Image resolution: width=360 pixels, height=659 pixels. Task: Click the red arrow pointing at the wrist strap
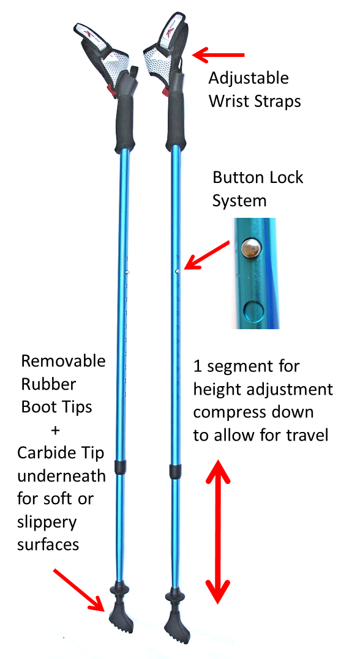(x=218, y=54)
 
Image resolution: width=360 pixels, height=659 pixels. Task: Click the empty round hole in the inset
(x=252, y=310)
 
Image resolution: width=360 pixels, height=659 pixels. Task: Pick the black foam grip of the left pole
(x=126, y=118)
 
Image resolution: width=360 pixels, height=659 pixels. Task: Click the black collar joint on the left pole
(x=121, y=466)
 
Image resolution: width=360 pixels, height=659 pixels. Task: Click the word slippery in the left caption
(x=47, y=523)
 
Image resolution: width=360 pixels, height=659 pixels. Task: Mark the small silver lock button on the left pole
(x=127, y=272)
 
